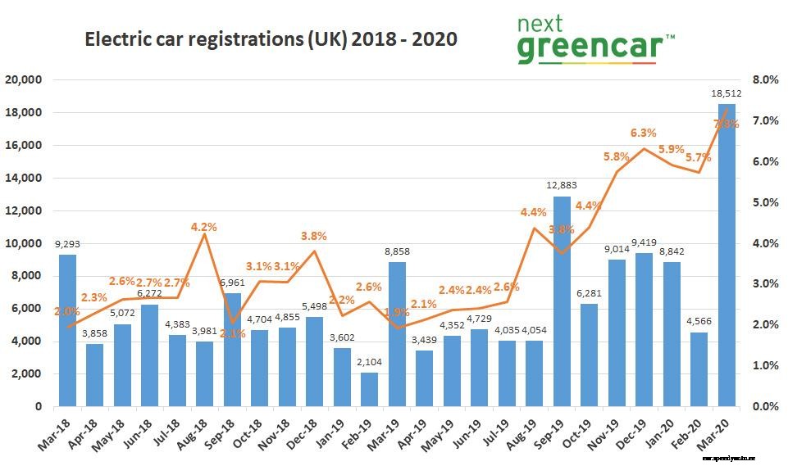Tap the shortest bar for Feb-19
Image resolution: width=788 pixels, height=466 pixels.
pyautogui.click(x=369, y=390)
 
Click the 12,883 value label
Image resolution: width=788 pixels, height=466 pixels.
pyautogui.click(x=562, y=188)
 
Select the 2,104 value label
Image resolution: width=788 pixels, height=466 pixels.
pyautogui.click(x=369, y=364)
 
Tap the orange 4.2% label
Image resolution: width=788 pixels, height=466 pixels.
pyautogui.click(x=203, y=227)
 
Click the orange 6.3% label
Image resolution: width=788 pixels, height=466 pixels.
pyautogui.click(x=644, y=133)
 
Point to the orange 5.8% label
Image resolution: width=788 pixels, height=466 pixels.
pyautogui.click(x=616, y=156)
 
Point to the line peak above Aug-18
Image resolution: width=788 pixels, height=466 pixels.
pyautogui.click(x=204, y=234)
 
